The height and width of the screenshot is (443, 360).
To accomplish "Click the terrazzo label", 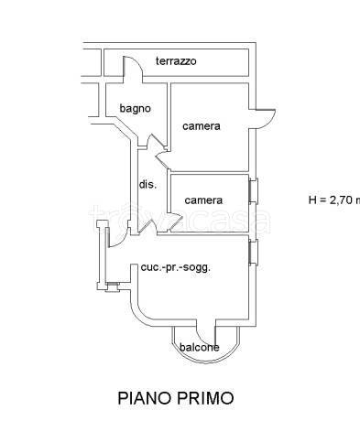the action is pyautogui.click(x=176, y=61).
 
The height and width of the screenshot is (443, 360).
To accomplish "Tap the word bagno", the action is pyautogui.click(x=135, y=109).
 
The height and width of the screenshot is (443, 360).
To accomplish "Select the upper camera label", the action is pyautogui.click(x=201, y=126).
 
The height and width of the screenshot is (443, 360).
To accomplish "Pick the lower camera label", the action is pyautogui.click(x=202, y=200).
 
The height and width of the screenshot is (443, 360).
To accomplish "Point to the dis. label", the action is pyautogui.click(x=147, y=184).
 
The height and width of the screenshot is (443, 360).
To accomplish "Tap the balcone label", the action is pyautogui.click(x=199, y=347).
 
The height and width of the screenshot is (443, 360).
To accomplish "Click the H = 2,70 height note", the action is pyautogui.click(x=333, y=200).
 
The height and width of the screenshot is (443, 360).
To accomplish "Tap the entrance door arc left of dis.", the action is pyautogui.click(x=117, y=235).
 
